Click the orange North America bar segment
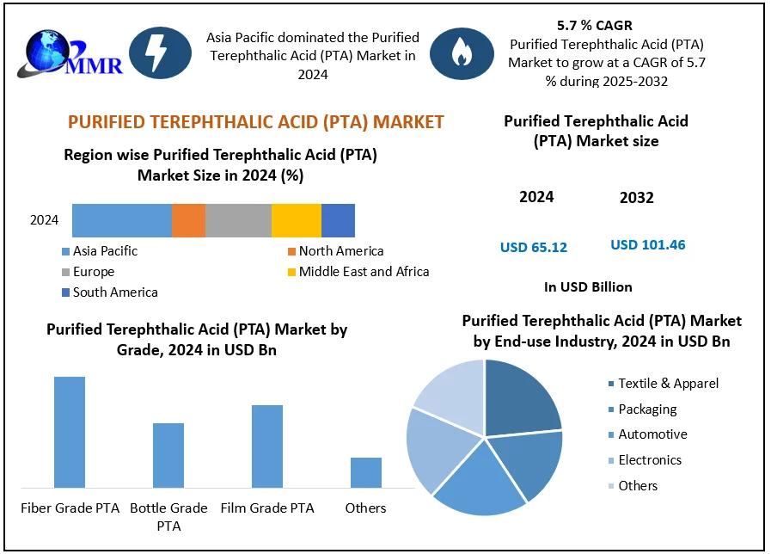[x=188, y=220]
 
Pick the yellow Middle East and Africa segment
[x=296, y=220]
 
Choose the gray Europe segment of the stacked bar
[x=238, y=220]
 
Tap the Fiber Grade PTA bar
[x=70, y=432]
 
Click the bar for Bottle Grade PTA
[x=168, y=455]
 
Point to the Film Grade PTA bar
[x=267, y=446]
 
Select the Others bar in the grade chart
[x=366, y=472]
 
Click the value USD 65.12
[x=534, y=248]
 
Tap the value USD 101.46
[x=648, y=245]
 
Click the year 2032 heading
[x=637, y=198]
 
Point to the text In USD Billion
[x=588, y=287]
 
